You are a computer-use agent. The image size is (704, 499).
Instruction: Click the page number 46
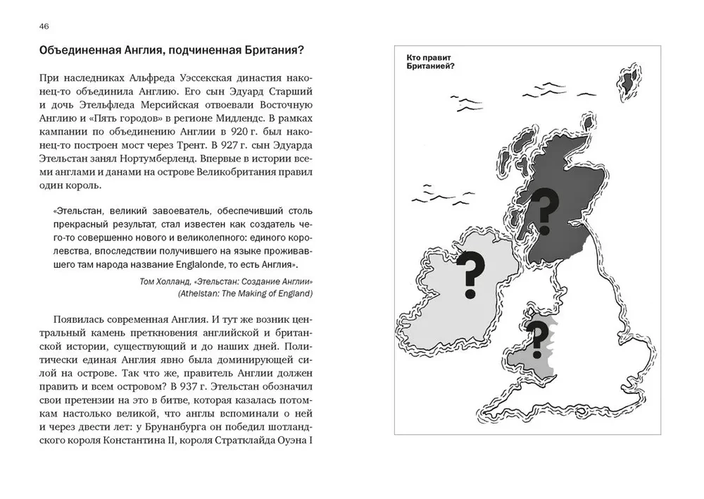[44, 26]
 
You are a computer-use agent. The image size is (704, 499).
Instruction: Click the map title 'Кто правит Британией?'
[430, 61]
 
